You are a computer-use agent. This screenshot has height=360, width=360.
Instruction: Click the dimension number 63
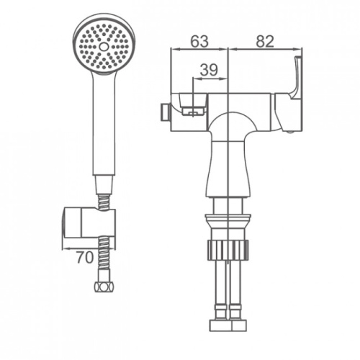tap(199, 41)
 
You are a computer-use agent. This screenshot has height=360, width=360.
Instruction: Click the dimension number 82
tap(265, 41)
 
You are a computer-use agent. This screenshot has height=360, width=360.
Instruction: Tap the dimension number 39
tap(209, 70)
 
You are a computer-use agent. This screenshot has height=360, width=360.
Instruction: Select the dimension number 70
tap(84, 258)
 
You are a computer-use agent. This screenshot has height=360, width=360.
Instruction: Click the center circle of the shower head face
tap(104, 47)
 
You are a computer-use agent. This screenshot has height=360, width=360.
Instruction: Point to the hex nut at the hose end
tap(104, 287)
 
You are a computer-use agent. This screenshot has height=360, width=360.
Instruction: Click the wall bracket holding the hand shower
tap(89, 223)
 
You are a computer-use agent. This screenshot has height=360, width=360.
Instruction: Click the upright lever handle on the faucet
tap(296, 78)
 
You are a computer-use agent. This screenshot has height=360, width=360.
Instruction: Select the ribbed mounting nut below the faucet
tap(228, 250)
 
